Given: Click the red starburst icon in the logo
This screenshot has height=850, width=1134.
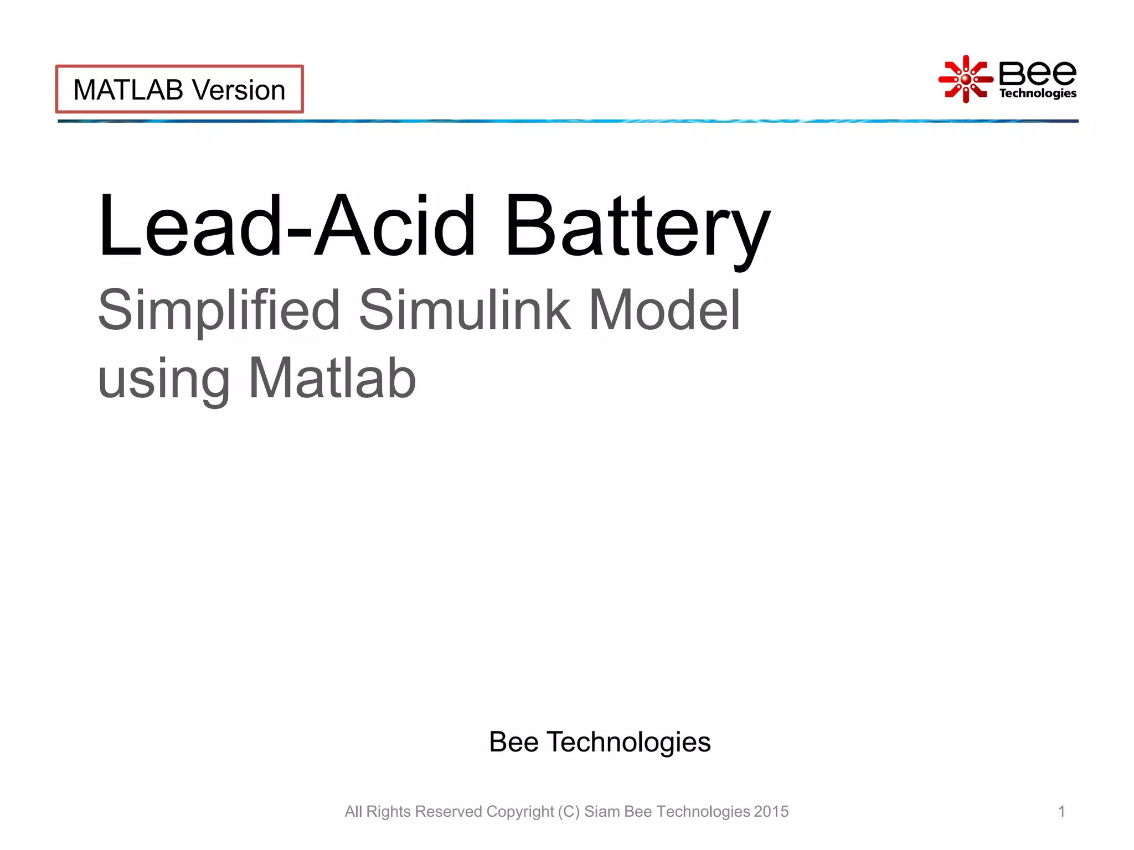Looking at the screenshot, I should [965, 79].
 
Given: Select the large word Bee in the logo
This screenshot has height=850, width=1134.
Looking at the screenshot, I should [1037, 73].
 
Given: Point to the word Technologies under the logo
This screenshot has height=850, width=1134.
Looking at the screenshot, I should [1037, 94].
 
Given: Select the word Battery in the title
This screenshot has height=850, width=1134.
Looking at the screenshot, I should [637, 227].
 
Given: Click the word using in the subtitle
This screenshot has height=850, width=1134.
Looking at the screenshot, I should [164, 380].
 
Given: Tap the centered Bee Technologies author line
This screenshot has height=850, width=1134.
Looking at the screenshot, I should [600, 742].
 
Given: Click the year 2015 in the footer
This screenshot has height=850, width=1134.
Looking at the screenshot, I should [771, 811].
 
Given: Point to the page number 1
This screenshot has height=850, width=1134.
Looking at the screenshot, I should [1061, 811].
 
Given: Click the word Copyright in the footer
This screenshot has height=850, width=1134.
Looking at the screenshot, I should [520, 812].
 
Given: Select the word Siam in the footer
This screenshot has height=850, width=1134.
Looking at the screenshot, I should [602, 811].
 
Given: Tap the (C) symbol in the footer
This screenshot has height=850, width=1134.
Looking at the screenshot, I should [569, 812].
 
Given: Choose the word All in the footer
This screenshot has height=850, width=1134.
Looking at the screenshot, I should [353, 811].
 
